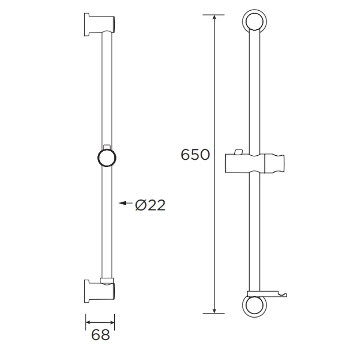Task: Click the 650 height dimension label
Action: [x=195, y=155]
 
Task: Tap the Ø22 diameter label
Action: [x=150, y=205]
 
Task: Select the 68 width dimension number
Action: [x=100, y=335]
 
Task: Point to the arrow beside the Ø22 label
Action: [x=124, y=203]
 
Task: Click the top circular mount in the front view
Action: [x=255, y=22]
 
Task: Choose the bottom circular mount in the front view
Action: [x=255, y=306]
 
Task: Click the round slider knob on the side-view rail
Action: [x=107, y=159]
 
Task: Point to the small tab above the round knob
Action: [x=107, y=147]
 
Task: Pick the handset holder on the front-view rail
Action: [x=254, y=163]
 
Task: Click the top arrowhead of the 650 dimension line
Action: [x=214, y=18]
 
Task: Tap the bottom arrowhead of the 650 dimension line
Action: [x=214, y=310]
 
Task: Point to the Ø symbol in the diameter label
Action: [x=140, y=205]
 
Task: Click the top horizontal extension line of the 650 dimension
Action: [x=214, y=14]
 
